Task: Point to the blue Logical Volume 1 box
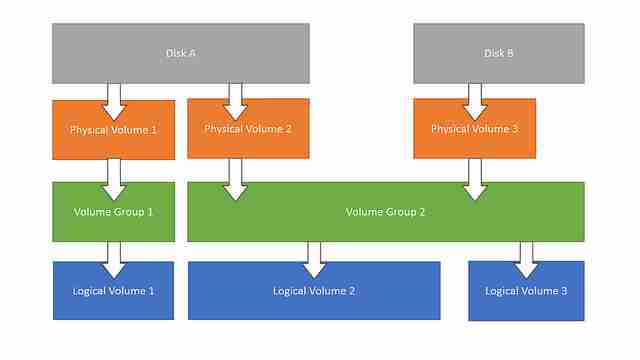(113, 291)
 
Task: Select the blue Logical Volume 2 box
(314, 291)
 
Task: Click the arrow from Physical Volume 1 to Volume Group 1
(113, 178)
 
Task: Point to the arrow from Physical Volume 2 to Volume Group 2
(236, 178)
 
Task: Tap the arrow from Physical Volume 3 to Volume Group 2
(475, 178)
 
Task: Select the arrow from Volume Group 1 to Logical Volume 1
(113, 258)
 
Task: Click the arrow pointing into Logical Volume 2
(314, 258)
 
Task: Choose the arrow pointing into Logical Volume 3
(526, 258)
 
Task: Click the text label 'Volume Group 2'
(385, 212)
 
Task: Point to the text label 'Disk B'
(499, 53)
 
